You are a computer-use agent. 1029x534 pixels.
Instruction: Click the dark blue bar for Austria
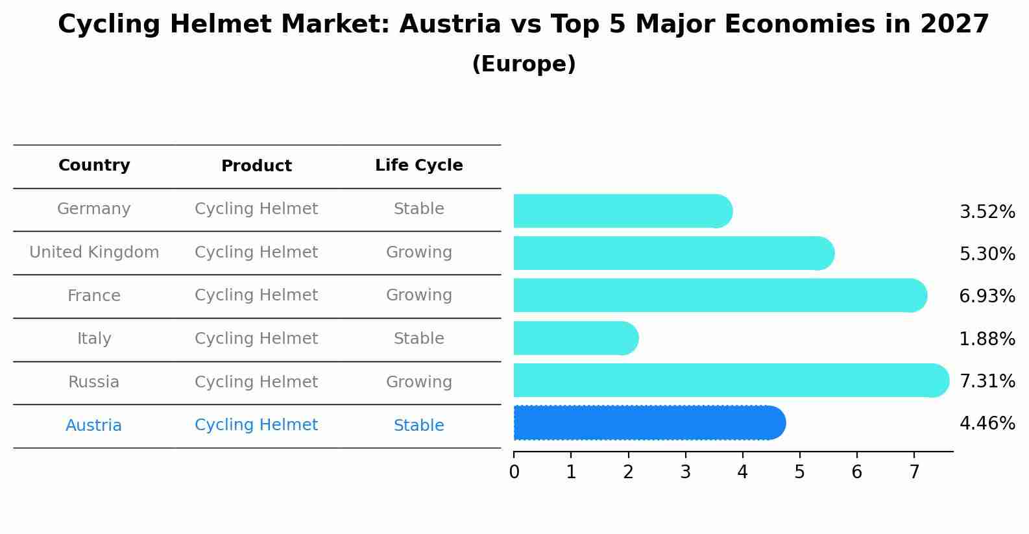[x=649, y=423]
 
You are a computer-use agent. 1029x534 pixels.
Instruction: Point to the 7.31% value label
[x=987, y=381]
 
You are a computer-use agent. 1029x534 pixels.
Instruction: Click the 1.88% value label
[x=987, y=339]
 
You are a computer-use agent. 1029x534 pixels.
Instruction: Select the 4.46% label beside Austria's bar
[x=987, y=424]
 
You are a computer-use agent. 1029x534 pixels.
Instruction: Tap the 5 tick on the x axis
[x=799, y=472]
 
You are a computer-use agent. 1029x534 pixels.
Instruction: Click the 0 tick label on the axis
[x=514, y=472]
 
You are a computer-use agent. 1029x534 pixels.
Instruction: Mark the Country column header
[x=94, y=165]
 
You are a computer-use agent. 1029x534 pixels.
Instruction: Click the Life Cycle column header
[x=418, y=165]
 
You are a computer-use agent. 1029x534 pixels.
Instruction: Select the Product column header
[x=256, y=166]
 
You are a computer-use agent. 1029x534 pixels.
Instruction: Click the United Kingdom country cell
[x=94, y=252]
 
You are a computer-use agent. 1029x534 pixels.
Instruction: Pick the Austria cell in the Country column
[x=93, y=426]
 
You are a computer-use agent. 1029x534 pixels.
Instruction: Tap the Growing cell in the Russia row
[x=418, y=382]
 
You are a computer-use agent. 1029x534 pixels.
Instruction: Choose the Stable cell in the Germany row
[x=418, y=209]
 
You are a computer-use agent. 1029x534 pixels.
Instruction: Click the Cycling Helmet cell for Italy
[x=256, y=339]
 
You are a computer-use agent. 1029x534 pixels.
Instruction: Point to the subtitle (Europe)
[x=524, y=64]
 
